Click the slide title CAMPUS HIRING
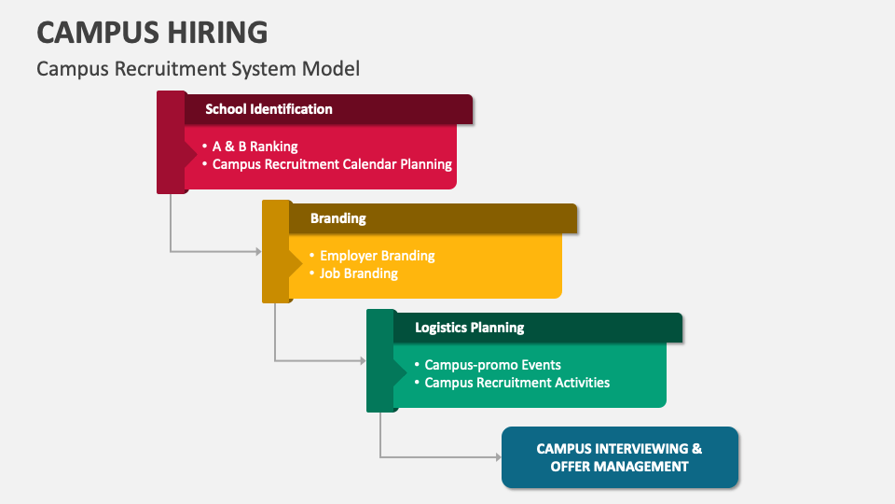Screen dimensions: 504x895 tap(152, 33)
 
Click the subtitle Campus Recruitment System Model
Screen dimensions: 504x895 tap(198, 68)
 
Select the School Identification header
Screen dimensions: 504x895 tap(268, 109)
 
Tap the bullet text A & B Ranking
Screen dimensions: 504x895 tap(255, 147)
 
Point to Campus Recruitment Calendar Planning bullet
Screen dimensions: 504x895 tap(332, 164)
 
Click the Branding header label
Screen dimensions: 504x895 tap(337, 218)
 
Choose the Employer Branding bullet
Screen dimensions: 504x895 tap(377, 256)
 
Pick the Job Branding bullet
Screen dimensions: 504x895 tap(358, 273)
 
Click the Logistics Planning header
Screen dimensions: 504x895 tap(469, 328)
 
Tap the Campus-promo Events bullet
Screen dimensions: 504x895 tap(492, 365)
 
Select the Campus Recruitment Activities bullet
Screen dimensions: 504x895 tap(516, 383)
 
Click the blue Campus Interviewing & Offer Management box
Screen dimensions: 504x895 tap(619, 457)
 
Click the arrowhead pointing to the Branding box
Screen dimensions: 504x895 tap(257, 251)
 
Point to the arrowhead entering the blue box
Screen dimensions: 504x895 tap(497, 457)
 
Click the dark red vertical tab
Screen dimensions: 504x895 tap(171, 142)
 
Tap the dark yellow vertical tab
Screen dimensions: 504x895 tap(275, 251)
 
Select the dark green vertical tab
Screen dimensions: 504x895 tap(380, 360)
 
